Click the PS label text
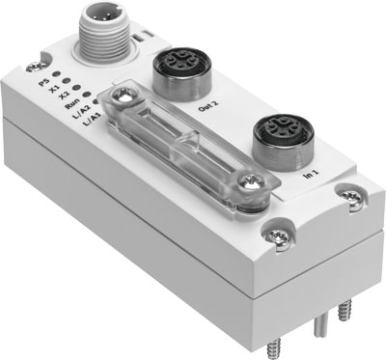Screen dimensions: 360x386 41,83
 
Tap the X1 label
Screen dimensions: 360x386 54,91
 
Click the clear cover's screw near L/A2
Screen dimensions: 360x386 123,97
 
